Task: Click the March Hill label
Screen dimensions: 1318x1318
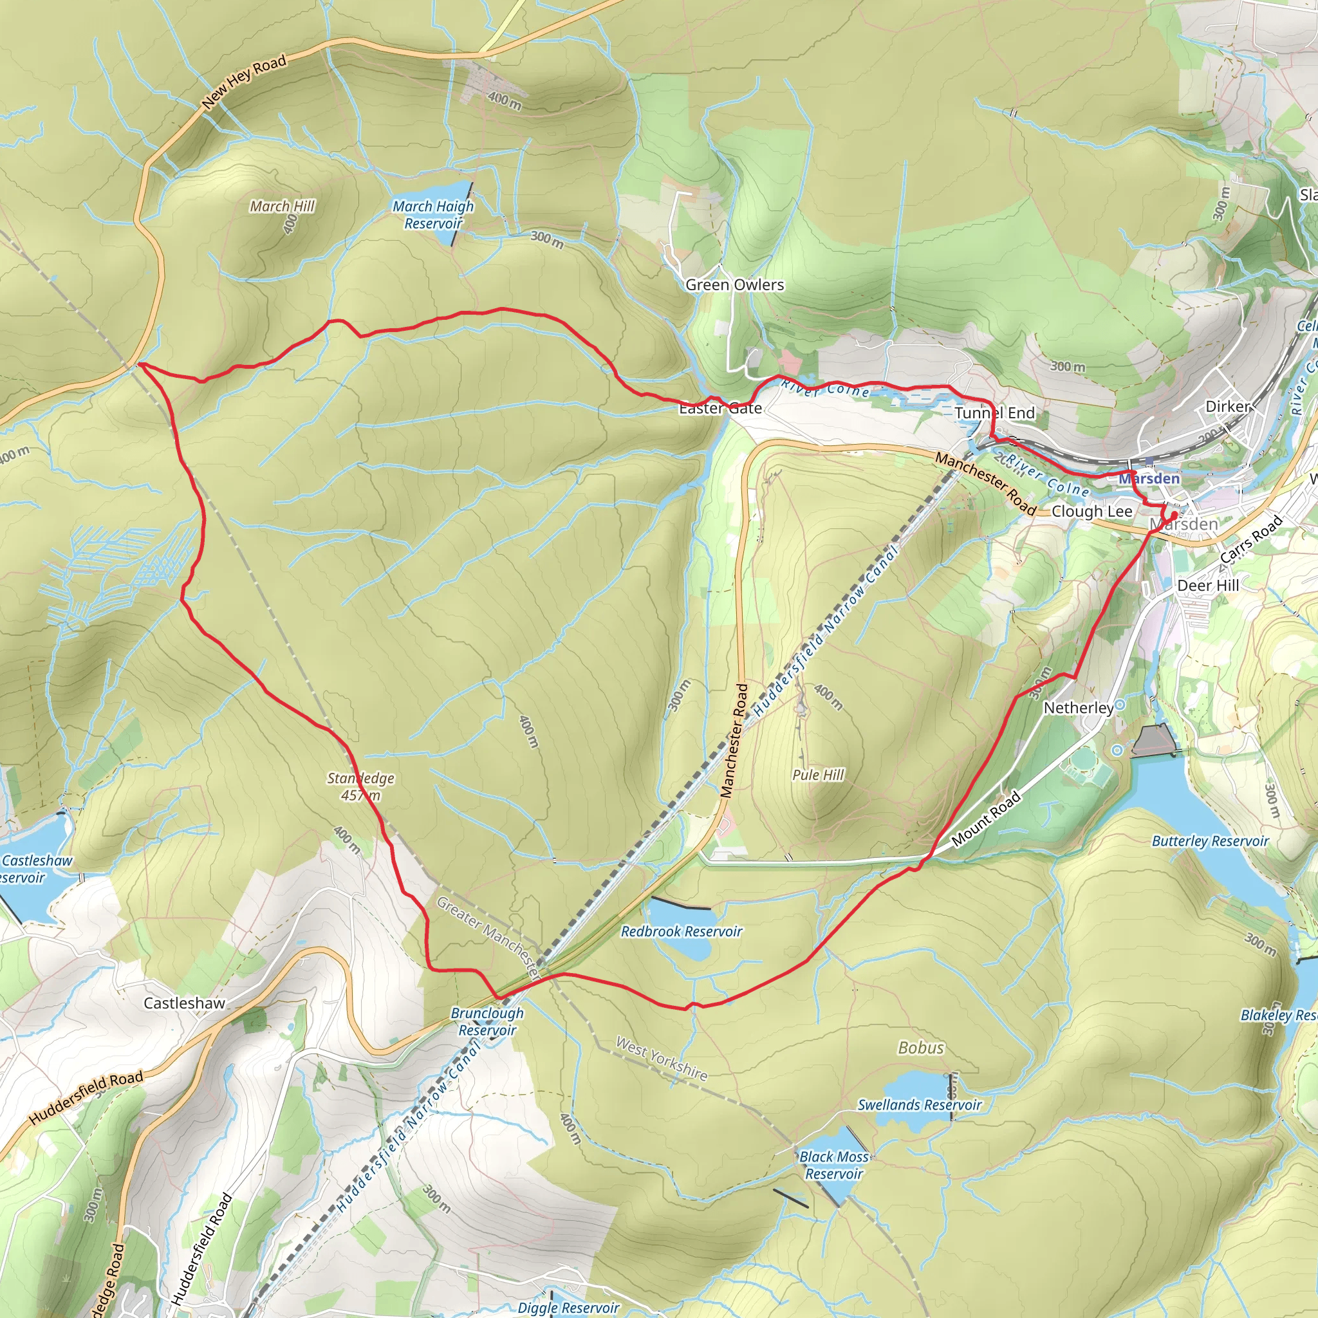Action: (x=282, y=206)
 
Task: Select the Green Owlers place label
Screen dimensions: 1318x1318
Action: (x=735, y=285)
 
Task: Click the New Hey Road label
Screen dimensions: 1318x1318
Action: (x=244, y=82)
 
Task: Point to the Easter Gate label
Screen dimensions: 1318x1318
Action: (x=720, y=409)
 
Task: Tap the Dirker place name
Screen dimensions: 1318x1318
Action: (x=1228, y=407)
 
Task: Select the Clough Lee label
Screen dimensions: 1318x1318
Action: (x=1091, y=512)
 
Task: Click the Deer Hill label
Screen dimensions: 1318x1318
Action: (x=1207, y=586)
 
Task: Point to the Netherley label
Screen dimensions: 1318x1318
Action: (x=1078, y=708)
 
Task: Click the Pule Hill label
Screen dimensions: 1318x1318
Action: (x=818, y=775)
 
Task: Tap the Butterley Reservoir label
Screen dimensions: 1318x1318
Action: (x=1209, y=841)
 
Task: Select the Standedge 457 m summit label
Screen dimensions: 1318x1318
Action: (x=360, y=786)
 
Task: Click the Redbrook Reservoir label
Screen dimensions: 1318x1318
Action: (x=681, y=931)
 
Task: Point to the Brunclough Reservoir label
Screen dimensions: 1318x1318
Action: (x=487, y=1021)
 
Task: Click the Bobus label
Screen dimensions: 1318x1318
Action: (x=920, y=1048)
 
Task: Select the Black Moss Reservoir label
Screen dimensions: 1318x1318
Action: (x=833, y=1164)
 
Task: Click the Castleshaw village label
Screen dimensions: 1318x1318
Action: (x=184, y=1003)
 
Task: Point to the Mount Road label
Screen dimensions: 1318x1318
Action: (x=986, y=819)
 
